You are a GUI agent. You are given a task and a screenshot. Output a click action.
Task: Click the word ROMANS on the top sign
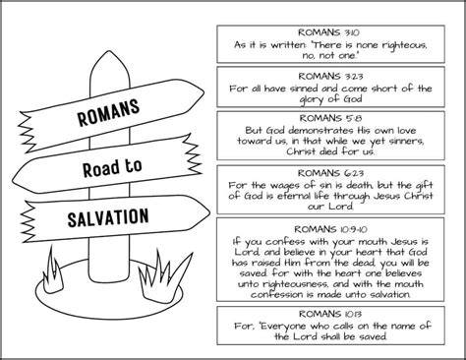tap(108, 111)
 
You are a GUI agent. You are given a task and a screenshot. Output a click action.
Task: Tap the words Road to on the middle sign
tap(112, 167)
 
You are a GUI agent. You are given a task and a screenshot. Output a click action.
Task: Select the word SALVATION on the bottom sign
tap(108, 217)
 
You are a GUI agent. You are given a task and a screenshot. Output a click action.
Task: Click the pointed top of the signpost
tap(108, 52)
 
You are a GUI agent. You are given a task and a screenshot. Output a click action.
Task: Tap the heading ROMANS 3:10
tap(328, 32)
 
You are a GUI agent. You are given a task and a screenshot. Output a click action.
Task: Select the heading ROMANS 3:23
tap(330, 76)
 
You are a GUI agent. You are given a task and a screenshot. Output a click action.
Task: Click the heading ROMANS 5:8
tap(330, 118)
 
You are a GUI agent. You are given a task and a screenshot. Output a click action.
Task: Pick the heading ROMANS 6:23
tap(330, 173)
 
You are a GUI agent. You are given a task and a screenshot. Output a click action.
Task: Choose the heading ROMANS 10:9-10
tap(330, 229)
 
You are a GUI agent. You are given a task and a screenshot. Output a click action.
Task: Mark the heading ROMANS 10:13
tap(330, 314)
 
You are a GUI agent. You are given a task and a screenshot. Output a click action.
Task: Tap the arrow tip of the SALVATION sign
tap(210, 212)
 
